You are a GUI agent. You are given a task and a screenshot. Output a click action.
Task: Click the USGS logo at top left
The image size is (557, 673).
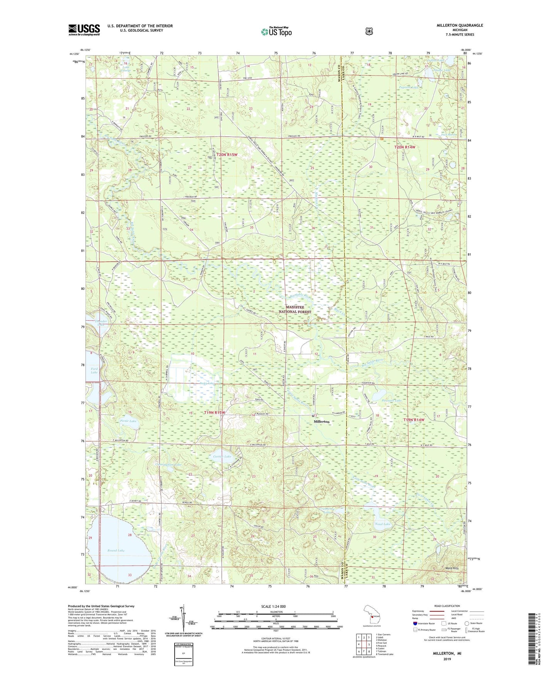[84, 30]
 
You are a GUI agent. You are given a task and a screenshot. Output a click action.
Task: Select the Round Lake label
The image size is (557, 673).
[116, 551]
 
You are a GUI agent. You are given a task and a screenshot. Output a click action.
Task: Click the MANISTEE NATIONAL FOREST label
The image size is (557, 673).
[298, 310]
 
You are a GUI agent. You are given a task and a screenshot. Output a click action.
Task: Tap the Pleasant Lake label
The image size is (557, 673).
[391, 400]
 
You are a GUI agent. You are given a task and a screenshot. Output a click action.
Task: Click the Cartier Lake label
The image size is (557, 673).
[222, 457]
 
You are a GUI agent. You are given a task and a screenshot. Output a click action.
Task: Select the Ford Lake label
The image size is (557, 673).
[94, 371]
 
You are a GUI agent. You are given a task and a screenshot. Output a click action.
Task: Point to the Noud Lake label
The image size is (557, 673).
[382, 524]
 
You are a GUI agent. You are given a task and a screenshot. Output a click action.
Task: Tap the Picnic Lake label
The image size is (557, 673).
[128, 421]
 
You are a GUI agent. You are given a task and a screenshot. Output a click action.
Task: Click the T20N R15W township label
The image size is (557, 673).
[227, 155]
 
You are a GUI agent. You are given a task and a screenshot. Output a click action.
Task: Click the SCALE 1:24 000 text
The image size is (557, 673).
[273, 607]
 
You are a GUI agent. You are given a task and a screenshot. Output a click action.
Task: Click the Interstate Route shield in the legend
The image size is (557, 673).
[415, 623]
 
